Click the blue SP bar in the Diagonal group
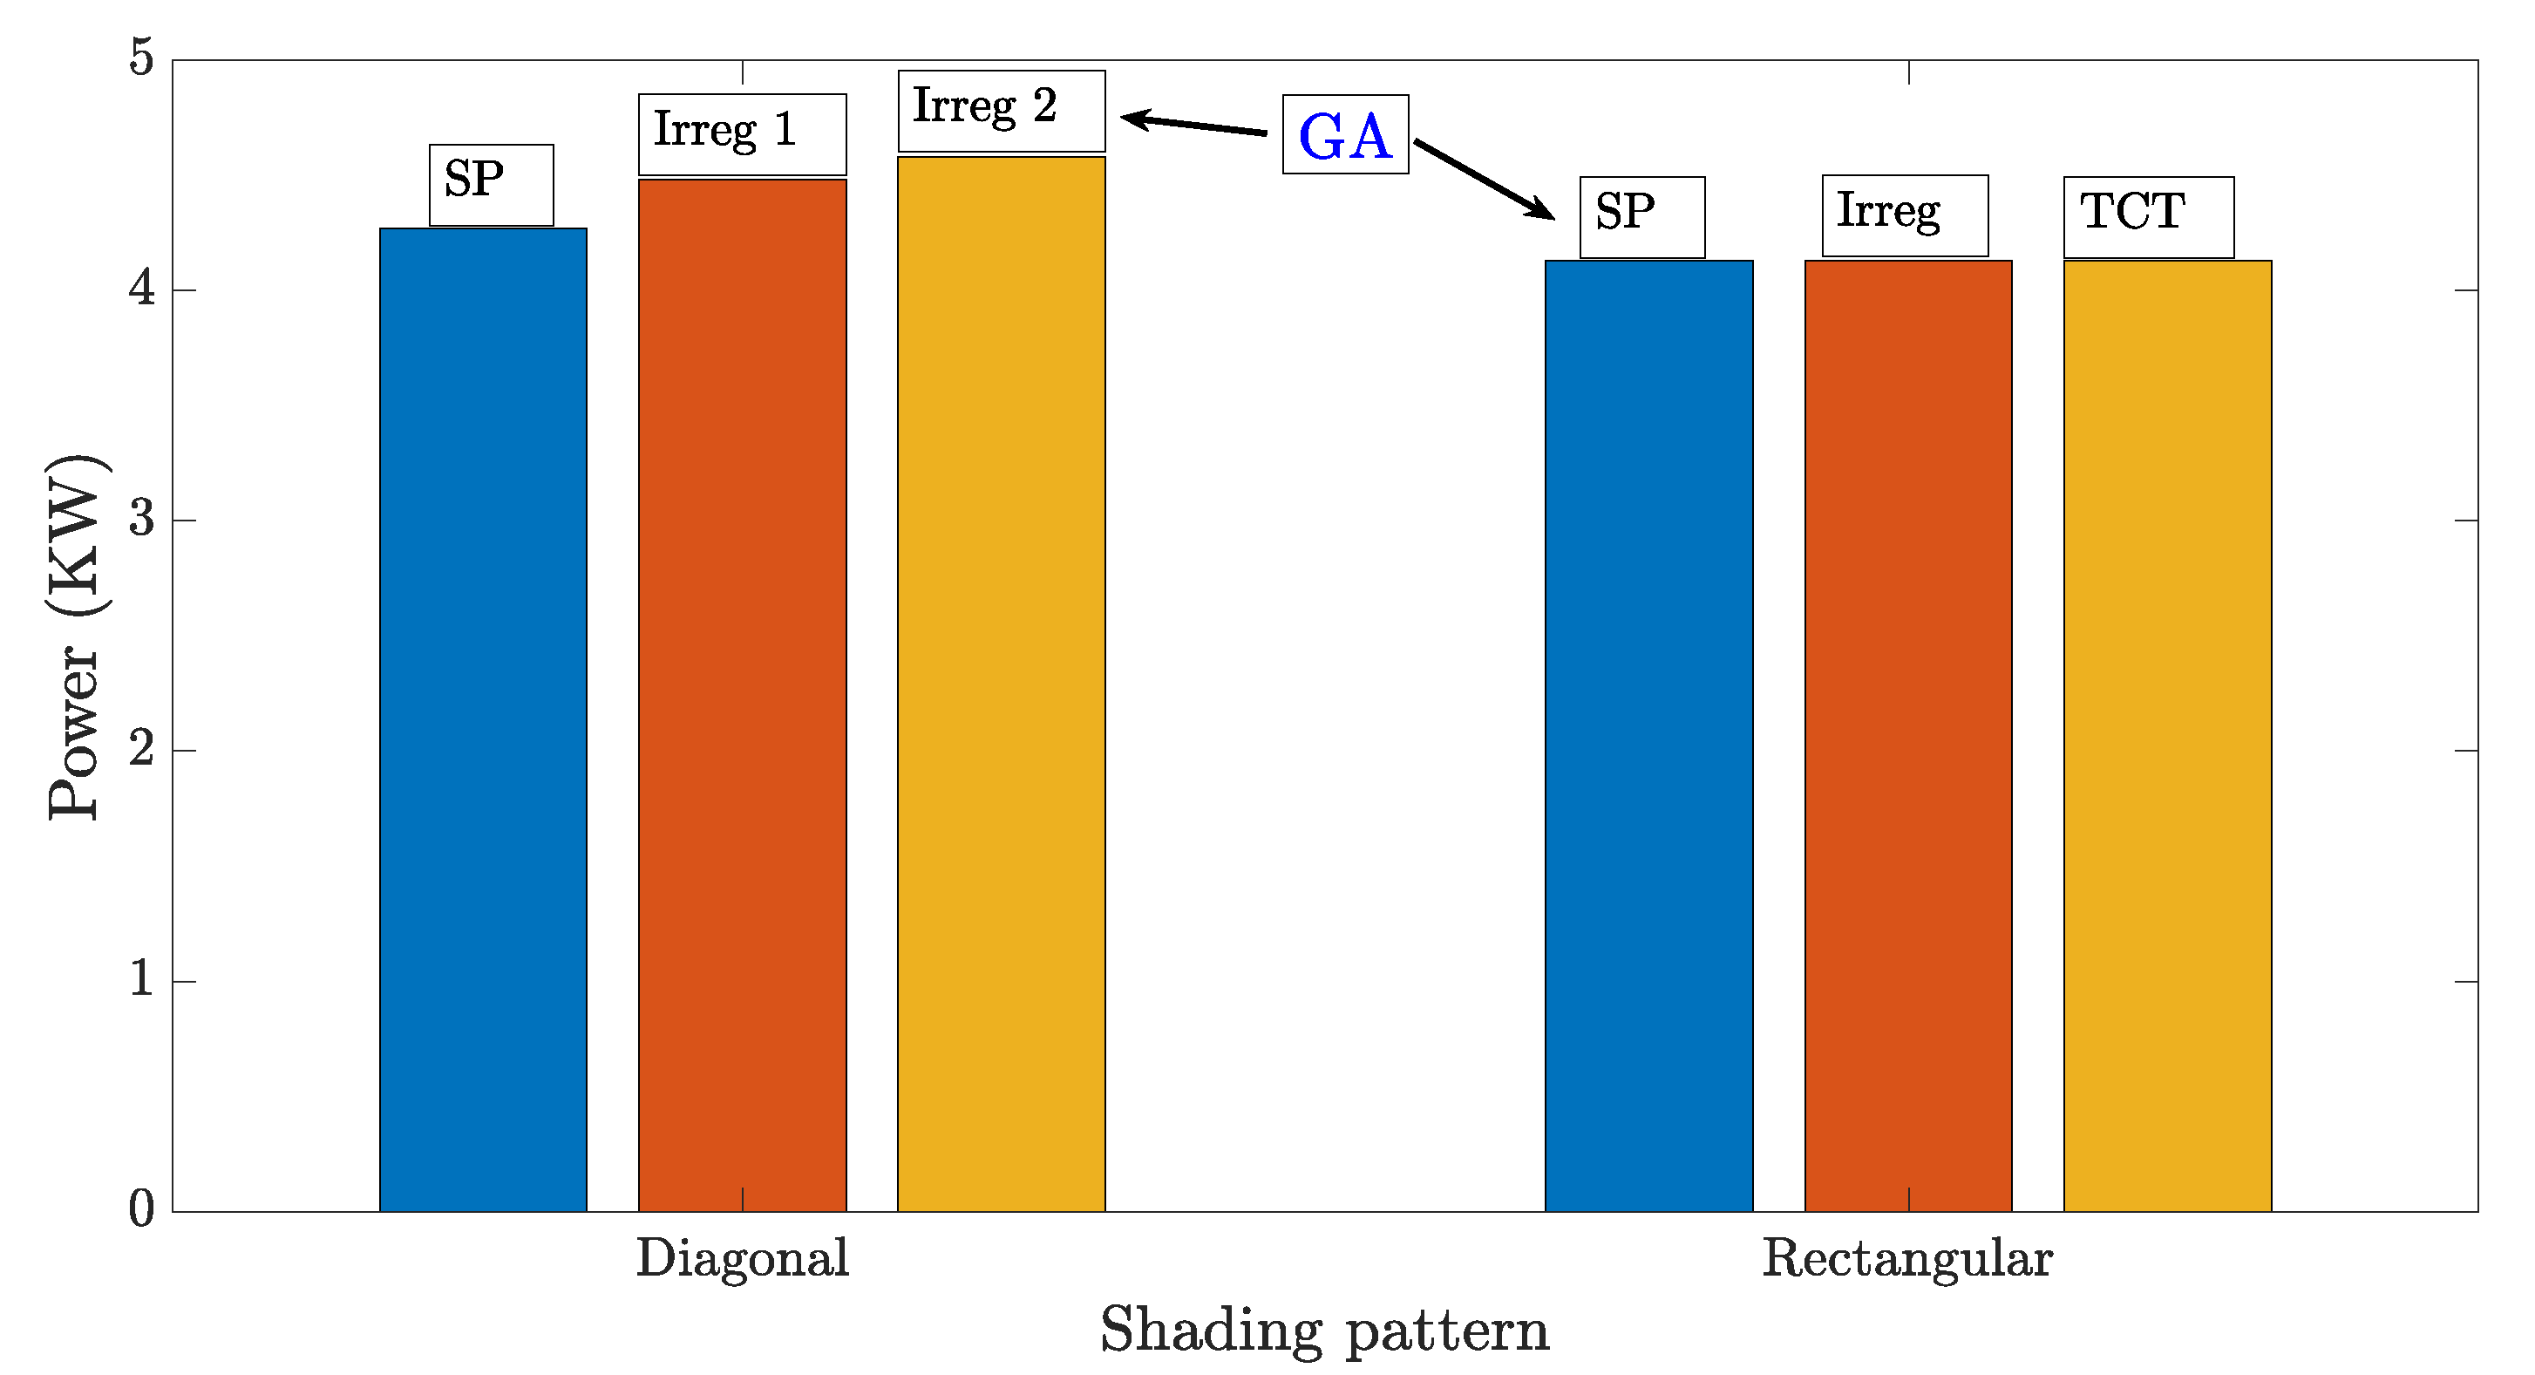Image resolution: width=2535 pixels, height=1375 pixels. pos(483,718)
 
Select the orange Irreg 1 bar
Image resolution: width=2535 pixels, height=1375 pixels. pos(742,694)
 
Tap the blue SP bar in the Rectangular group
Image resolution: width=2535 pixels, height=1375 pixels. pos(1648,735)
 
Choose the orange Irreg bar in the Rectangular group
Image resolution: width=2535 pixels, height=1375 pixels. pos(1908,735)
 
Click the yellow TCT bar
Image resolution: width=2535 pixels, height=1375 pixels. pos(2167,735)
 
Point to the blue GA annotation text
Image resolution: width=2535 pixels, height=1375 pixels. pos(1345,136)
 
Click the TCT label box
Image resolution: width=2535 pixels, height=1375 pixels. pos(2148,216)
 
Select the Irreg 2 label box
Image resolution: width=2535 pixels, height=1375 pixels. pos(1001,110)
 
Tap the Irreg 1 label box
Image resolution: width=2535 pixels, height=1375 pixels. pos(742,134)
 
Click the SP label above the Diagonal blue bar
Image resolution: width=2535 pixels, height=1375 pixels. pos(491,184)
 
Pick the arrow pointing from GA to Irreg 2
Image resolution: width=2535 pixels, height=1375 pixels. pos(1193,124)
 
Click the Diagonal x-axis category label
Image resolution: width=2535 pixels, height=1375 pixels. pos(742,1258)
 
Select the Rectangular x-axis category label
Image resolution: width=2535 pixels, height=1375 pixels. pos(1907,1258)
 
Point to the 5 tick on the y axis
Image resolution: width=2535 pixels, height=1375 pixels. pos(143,58)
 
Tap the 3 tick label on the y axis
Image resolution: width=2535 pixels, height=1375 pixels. pos(143,519)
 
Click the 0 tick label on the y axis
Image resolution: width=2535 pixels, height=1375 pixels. pos(143,1209)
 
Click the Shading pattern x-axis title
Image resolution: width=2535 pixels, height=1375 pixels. pos(1323,1331)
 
